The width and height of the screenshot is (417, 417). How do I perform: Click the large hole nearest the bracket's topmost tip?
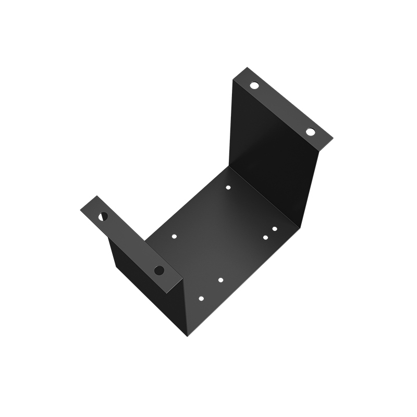(254, 85)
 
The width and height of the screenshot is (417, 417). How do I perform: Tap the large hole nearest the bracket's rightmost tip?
(311, 132)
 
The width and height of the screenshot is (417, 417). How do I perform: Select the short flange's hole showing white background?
(103, 216)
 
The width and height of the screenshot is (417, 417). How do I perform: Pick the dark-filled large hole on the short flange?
(159, 270)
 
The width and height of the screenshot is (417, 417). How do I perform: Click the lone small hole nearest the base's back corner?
(228, 187)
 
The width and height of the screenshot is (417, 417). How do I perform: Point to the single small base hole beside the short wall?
(174, 236)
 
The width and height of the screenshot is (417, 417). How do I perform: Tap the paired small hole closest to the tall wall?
(275, 229)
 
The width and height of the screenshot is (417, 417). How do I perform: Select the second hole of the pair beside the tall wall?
(265, 238)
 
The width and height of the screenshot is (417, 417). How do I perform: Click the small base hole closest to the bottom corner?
(201, 299)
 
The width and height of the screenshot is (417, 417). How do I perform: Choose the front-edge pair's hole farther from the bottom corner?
(220, 280)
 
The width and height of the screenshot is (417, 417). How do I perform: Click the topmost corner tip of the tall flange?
(247, 67)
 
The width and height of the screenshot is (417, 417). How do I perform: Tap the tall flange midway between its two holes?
(283, 108)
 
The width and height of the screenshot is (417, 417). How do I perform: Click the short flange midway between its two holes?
(131, 243)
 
